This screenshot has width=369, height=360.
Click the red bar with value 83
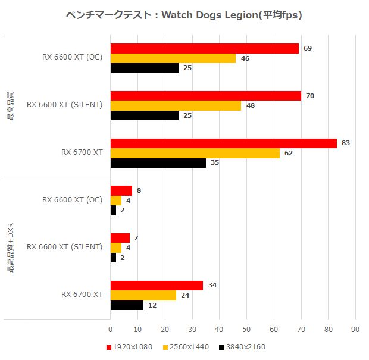click(223, 143)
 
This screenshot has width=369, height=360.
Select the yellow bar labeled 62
click(195, 153)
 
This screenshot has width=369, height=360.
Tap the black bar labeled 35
click(158, 163)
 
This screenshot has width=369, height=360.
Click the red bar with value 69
click(204, 48)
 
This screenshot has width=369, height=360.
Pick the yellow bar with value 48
click(176, 106)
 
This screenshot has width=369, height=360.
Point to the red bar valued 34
click(157, 285)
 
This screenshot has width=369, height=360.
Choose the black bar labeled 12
click(127, 305)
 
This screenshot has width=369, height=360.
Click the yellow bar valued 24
click(143, 295)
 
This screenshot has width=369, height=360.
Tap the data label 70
click(310, 96)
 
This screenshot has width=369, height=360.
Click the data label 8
click(139, 191)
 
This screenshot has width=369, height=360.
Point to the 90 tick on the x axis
click(355, 328)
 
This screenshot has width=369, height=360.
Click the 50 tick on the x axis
click(246, 328)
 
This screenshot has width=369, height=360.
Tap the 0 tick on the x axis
click(111, 328)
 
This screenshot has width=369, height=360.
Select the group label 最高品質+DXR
click(10, 248)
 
